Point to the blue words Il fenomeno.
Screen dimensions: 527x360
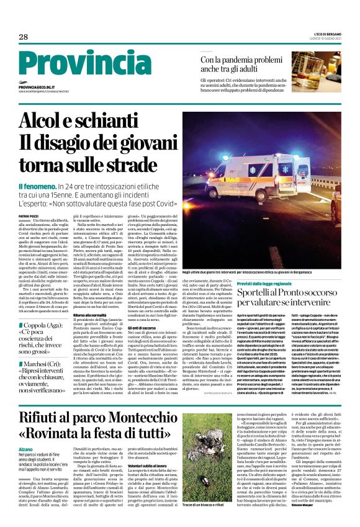click(x=36, y=186)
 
